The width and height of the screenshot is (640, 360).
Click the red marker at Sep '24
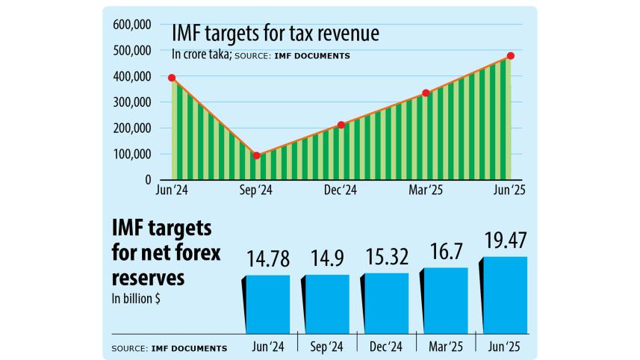pyautogui.click(x=257, y=155)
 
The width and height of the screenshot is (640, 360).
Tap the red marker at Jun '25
pyautogui.click(x=511, y=56)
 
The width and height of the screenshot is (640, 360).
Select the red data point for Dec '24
pyautogui.click(x=341, y=125)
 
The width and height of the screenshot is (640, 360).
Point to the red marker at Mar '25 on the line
pyautogui.click(x=426, y=93)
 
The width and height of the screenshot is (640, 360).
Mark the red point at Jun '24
pyautogui.click(x=172, y=78)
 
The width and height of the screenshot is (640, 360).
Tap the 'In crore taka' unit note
pyautogui.click(x=200, y=54)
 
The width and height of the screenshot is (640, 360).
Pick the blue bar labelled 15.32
pyautogui.click(x=387, y=302)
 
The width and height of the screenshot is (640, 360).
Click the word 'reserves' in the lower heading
pyautogui.click(x=149, y=278)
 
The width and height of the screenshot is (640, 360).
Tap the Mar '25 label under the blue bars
pyautogui.click(x=445, y=347)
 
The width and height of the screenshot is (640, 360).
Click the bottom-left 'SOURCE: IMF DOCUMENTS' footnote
pyautogui.click(x=169, y=348)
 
